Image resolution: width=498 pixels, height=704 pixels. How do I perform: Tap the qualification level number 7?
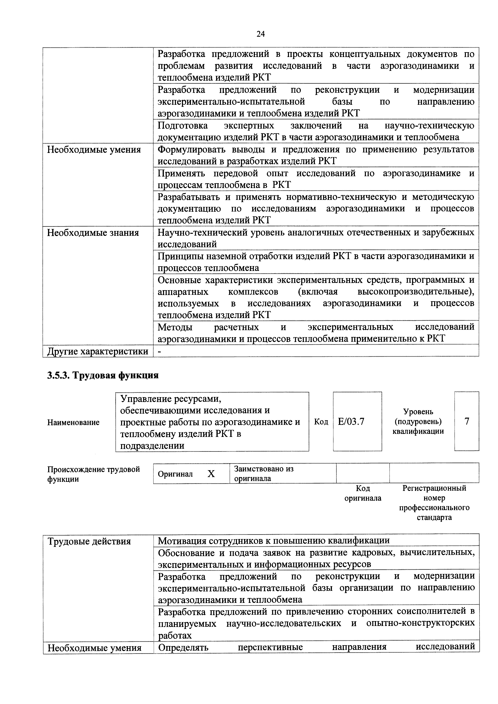(467, 422)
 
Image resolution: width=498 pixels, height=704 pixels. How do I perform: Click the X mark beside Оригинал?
(211, 474)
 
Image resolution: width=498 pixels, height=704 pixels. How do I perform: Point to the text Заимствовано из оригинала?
(264, 474)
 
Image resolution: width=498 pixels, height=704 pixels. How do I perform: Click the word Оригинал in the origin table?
(175, 474)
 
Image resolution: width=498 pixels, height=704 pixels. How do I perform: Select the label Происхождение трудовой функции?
(93, 474)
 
